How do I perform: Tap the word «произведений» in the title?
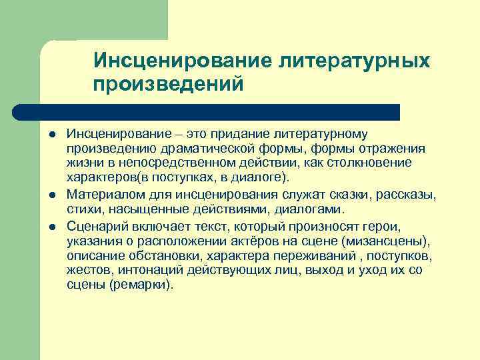pyautogui.click(x=168, y=85)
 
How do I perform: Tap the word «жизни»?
pyautogui.click(x=83, y=163)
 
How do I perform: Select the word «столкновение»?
pyautogui.click(x=371, y=163)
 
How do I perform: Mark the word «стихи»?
pyautogui.click(x=83, y=209)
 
